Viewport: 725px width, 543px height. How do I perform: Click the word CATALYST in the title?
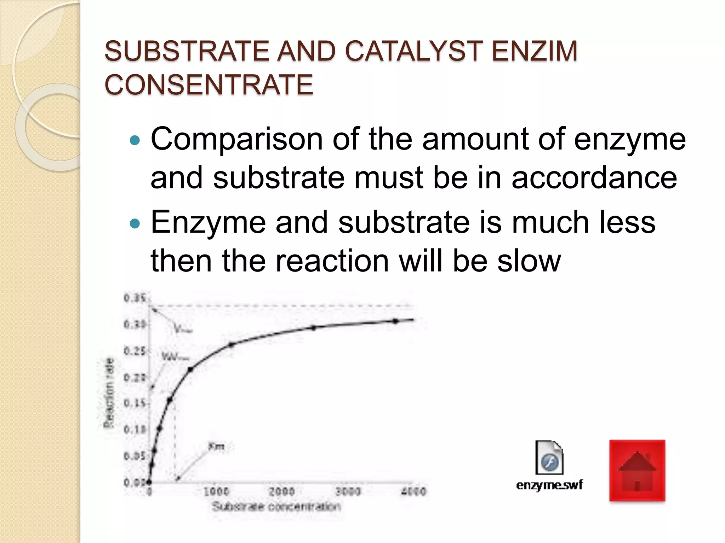(x=413, y=51)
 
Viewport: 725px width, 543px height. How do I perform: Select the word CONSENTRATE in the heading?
(x=209, y=84)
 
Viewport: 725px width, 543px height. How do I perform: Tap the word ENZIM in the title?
(x=535, y=51)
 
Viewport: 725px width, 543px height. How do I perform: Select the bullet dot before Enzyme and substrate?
(x=135, y=224)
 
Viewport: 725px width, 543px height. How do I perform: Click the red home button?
(x=637, y=471)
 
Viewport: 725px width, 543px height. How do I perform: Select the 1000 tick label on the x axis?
(x=216, y=491)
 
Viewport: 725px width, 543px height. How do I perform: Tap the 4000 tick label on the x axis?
(x=413, y=491)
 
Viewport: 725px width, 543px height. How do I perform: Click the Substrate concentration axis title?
(x=276, y=507)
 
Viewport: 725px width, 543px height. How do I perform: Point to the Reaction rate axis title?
(x=109, y=392)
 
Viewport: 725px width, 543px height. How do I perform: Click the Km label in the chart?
(x=216, y=446)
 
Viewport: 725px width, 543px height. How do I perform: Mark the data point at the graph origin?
(x=149, y=482)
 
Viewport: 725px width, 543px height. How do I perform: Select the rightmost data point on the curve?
(x=395, y=321)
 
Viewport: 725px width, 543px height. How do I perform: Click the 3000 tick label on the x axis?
(x=348, y=491)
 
